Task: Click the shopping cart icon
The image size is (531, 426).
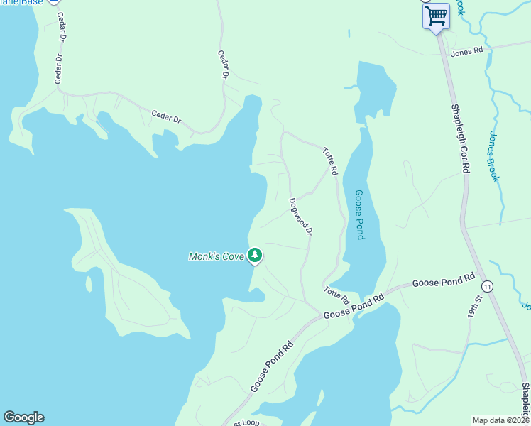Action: click(436, 16)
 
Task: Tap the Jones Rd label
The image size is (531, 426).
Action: click(466, 51)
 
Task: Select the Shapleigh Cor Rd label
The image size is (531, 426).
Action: click(461, 138)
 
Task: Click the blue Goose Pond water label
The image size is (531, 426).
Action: click(359, 214)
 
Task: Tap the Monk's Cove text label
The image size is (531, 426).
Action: click(216, 256)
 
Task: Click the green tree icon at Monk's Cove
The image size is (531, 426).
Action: click(255, 256)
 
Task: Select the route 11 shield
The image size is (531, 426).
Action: click(487, 286)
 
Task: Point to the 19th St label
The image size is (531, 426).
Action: click(473, 324)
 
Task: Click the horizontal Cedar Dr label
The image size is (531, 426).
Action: click(166, 117)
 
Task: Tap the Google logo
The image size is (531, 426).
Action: click(23, 417)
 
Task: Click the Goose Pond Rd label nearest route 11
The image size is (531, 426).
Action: click(443, 282)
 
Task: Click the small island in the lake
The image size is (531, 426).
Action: click(89, 284)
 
